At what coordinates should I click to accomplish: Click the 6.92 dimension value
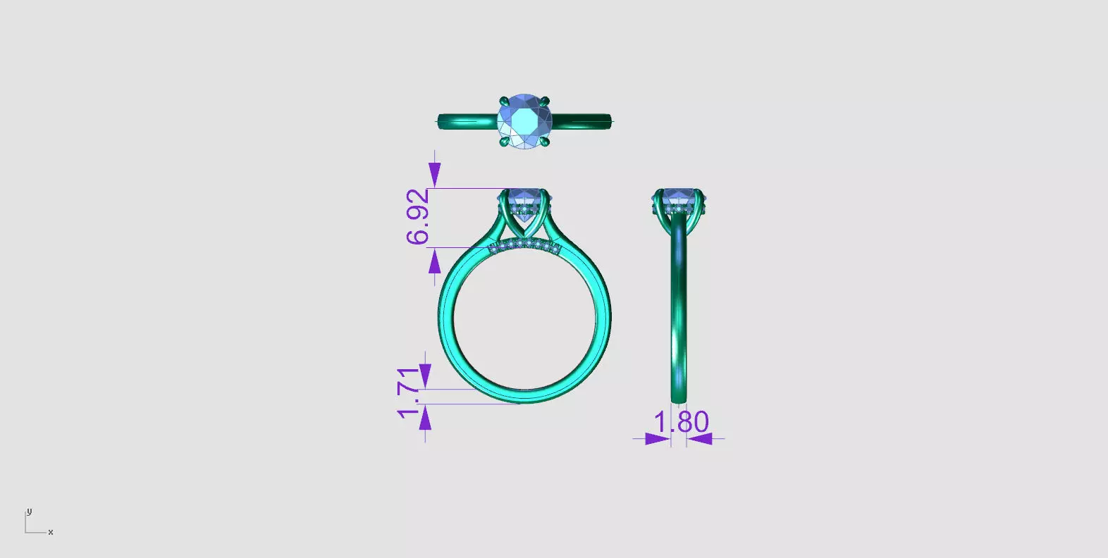(x=417, y=216)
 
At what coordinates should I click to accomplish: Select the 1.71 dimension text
(x=409, y=392)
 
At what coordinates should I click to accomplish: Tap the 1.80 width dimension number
(x=681, y=422)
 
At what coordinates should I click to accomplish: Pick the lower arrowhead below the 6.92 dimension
(x=435, y=262)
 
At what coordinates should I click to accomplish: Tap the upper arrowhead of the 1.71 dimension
(x=425, y=376)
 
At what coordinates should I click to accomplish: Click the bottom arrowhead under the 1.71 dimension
(x=425, y=418)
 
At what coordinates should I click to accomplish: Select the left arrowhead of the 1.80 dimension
(x=658, y=439)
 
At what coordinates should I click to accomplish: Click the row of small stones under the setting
(x=524, y=245)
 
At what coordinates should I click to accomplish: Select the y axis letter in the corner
(x=29, y=512)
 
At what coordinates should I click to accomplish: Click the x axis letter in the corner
(x=51, y=532)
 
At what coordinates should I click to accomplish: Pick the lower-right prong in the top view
(x=545, y=142)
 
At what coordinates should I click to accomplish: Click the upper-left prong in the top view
(x=504, y=101)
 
